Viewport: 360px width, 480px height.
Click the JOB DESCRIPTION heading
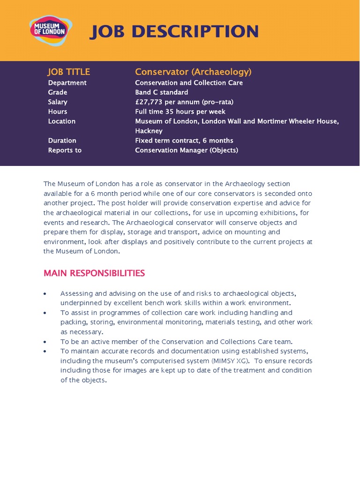[x=174, y=32]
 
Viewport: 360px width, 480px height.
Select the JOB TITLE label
[x=68, y=72]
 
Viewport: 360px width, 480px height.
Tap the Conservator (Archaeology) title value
[x=193, y=72]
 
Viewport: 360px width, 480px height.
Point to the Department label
[x=67, y=82]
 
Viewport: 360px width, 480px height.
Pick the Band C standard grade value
[x=161, y=92]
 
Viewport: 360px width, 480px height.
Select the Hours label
[x=57, y=112]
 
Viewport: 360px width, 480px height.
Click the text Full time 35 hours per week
[x=180, y=112]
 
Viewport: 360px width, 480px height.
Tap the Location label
[x=61, y=121]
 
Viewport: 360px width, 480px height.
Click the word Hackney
[x=149, y=131]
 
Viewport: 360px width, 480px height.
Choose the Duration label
[x=62, y=140]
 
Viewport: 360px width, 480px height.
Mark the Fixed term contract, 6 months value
[x=184, y=140]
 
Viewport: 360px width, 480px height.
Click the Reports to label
[x=65, y=150]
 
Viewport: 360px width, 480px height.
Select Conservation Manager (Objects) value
[x=187, y=150]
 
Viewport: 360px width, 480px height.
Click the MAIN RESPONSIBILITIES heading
[x=94, y=273]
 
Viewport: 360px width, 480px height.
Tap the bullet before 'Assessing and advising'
[x=45, y=294]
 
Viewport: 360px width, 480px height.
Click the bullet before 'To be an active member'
[x=45, y=342]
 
